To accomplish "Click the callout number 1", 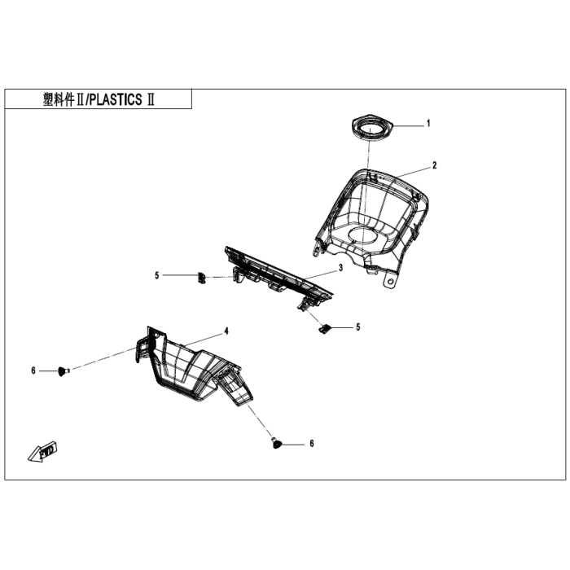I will click(428, 124).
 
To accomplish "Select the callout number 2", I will click(434, 165).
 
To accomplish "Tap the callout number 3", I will click(342, 268).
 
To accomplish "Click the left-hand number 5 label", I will click(157, 276).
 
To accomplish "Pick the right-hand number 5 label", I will click(357, 327).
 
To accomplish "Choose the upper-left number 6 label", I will click(34, 371).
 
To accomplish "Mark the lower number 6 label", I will click(311, 444).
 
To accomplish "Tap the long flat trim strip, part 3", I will click(277, 273).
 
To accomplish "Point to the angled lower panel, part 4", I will click(191, 366).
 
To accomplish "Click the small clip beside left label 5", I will click(200, 276).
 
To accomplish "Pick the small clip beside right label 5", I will click(324, 328).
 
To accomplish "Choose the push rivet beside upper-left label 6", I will click(63, 371).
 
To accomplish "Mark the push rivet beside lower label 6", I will click(276, 444).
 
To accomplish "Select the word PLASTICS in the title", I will click(113, 99).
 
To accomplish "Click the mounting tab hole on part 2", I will click(392, 280).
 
